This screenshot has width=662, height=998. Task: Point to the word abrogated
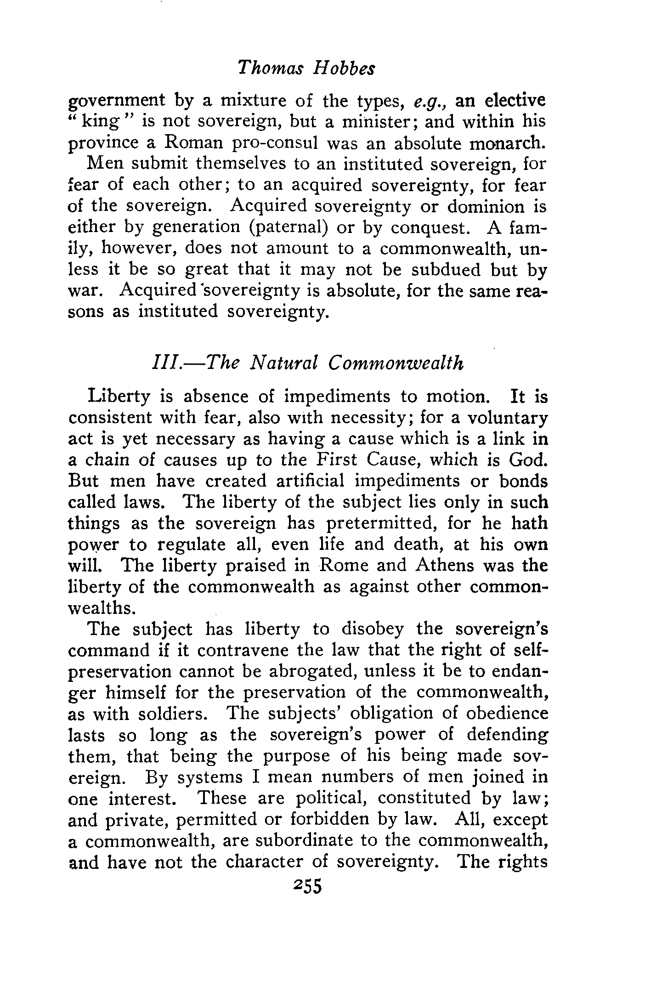point(311,671)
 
